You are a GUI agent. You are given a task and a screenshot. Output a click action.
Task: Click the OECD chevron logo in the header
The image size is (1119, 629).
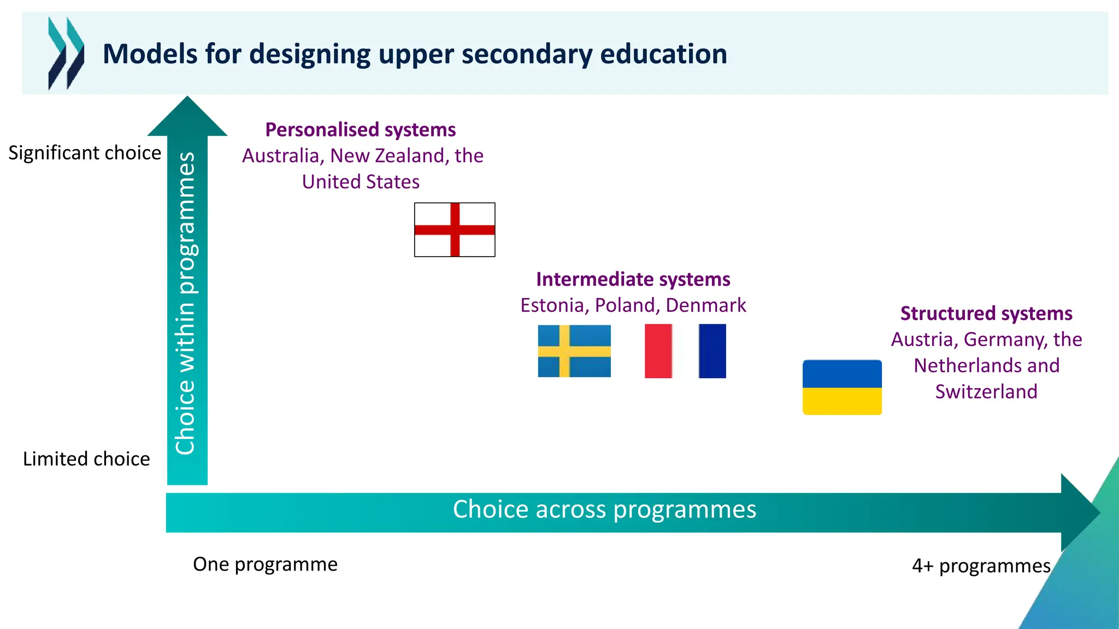66,54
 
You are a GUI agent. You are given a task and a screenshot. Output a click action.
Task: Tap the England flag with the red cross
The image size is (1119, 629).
455,230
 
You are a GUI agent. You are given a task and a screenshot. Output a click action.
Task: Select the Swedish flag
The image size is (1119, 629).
574,351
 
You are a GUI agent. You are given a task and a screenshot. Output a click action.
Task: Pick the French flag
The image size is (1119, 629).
685,351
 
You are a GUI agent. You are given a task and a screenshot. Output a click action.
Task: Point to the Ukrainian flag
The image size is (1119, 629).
842,387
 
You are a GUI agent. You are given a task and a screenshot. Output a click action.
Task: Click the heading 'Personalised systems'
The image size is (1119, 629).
361,130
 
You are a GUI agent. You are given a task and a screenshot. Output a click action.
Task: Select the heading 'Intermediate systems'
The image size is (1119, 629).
633,279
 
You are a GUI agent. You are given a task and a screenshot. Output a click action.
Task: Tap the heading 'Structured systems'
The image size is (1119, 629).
986,313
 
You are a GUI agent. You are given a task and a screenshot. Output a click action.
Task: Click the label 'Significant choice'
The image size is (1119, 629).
85,153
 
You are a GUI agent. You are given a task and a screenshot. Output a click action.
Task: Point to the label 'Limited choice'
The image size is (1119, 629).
86,459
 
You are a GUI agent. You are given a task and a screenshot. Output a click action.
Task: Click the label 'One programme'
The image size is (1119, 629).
265,564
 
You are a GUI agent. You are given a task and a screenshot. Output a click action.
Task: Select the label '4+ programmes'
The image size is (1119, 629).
981,566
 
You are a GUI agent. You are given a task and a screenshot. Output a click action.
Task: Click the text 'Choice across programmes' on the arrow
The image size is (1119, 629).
604,509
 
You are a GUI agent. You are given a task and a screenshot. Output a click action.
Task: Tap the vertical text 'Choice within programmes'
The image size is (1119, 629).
186,303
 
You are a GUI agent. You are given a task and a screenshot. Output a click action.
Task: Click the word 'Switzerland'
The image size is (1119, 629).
986,391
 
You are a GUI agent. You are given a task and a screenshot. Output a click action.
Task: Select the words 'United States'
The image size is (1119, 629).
361,182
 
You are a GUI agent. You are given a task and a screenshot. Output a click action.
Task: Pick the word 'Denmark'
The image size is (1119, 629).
706,305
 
